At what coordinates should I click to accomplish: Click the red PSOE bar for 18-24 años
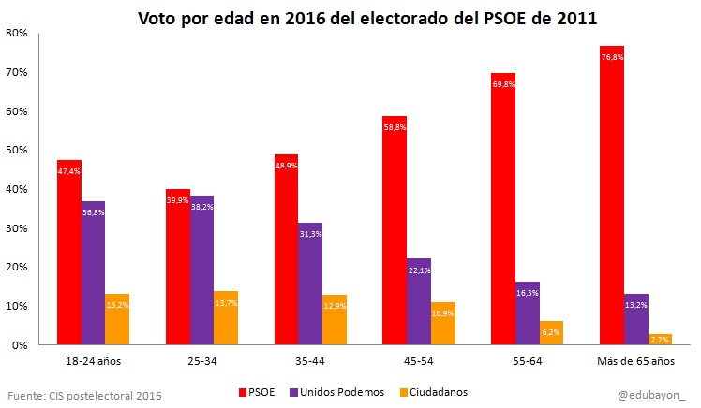coord(68,253)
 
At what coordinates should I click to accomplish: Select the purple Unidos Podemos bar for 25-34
coord(201,271)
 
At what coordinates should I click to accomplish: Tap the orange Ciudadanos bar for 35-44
coord(334,321)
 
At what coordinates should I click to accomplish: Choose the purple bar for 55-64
coord(528,313)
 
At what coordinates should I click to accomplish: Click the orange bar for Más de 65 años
coord(661,340)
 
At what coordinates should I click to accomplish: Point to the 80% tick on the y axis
coord(16,34)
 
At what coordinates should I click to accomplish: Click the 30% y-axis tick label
coord(16,228)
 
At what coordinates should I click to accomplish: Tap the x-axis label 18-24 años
coord(93,359)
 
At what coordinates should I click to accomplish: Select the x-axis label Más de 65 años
coord(636,359)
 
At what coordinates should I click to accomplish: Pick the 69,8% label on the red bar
coord(528,84)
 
